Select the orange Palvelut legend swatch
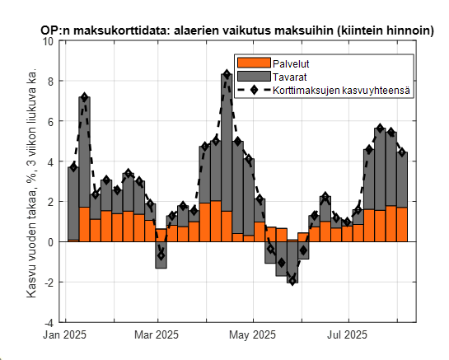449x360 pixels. click(x=253, y=63)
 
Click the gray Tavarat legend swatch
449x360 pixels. click(x=253, y=76)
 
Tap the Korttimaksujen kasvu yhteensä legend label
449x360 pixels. click(x=343, y=89)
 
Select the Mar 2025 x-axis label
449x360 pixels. click(x=156, y=335)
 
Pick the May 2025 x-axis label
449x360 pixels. click(x=251, y=335)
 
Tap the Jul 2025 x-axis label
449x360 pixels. click(x=346, y=335)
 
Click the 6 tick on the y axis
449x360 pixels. click(x=51, y=121)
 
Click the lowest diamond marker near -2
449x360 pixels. click(x=292, y=281)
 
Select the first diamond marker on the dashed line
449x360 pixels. click(x=73, y=167)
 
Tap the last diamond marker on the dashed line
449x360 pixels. click(x=402, y=152)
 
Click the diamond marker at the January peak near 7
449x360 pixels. click(x=84, y=97)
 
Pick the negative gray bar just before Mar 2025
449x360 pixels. click(x=161, y=255)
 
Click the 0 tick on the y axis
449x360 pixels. click(x=51, y=242)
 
